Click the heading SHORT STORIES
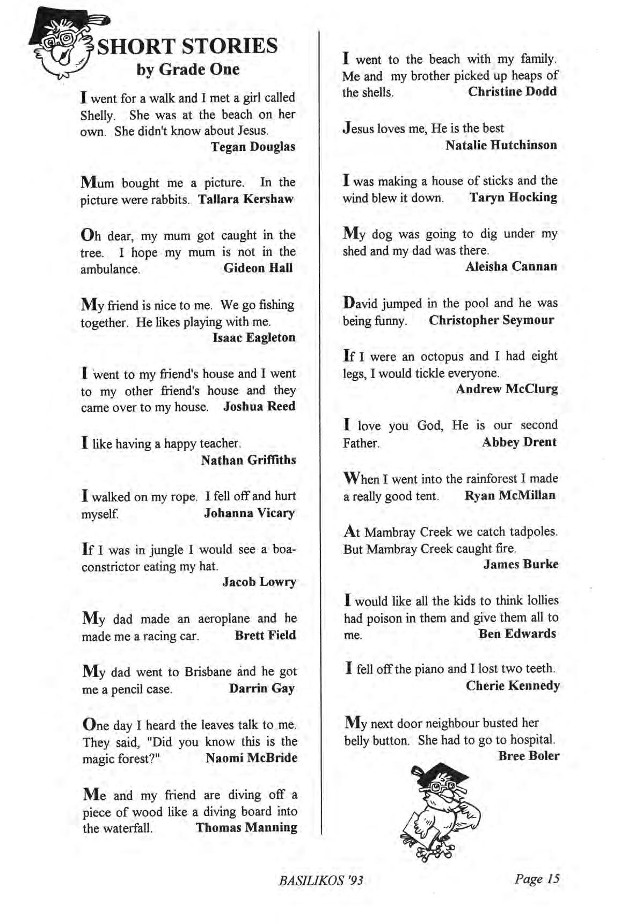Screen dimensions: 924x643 187,47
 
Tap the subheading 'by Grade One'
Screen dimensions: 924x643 188,70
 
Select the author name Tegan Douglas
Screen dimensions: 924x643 253,147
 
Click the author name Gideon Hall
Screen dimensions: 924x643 258,268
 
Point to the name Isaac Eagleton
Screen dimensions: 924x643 254,337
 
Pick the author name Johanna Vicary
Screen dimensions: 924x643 249,513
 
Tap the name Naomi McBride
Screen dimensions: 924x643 251,758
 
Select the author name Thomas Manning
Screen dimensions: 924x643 246,827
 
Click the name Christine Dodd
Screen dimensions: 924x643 512,91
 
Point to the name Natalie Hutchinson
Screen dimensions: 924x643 501,145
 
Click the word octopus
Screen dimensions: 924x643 442,356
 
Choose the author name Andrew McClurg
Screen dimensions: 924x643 507,389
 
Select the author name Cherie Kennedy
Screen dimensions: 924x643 513,685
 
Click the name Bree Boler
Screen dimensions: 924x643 529,756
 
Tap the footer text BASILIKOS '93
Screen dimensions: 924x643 321,880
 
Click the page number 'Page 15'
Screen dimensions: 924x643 537,879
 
